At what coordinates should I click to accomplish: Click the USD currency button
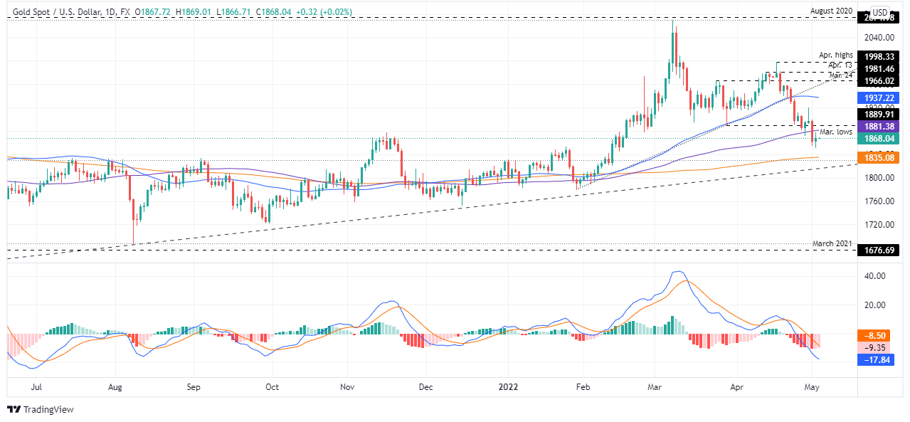[879, 12]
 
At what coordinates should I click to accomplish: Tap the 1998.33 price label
[879, 56]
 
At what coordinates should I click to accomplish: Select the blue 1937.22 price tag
[879, 97]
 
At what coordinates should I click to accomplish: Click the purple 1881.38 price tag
[879, 126]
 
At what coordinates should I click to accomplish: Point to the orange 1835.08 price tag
[879, 157]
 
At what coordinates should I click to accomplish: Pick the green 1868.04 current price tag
[879, 138]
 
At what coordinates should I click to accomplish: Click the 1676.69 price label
[879, 250]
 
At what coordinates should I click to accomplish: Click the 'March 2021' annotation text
[832, 243]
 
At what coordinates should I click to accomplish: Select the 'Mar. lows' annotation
[836, 132]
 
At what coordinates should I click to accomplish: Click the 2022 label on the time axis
[509, 389]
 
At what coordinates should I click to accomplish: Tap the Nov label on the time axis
[346, 389]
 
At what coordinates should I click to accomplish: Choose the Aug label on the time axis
[116, 389]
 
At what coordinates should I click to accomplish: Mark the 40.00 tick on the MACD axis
[874, 276]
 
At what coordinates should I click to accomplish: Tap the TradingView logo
[41, 410]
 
